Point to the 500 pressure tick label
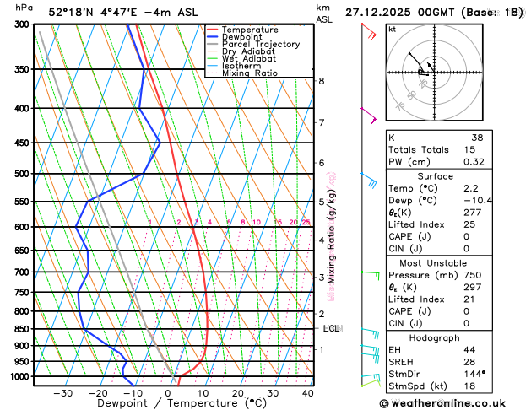coord(19,174)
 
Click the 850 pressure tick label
coord(19,329)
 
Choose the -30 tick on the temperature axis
coord(63,393)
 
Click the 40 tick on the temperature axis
coord(307,393)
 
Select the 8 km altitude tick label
coord(321,81)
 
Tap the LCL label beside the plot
coord(331,328)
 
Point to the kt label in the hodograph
coord(392,29)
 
